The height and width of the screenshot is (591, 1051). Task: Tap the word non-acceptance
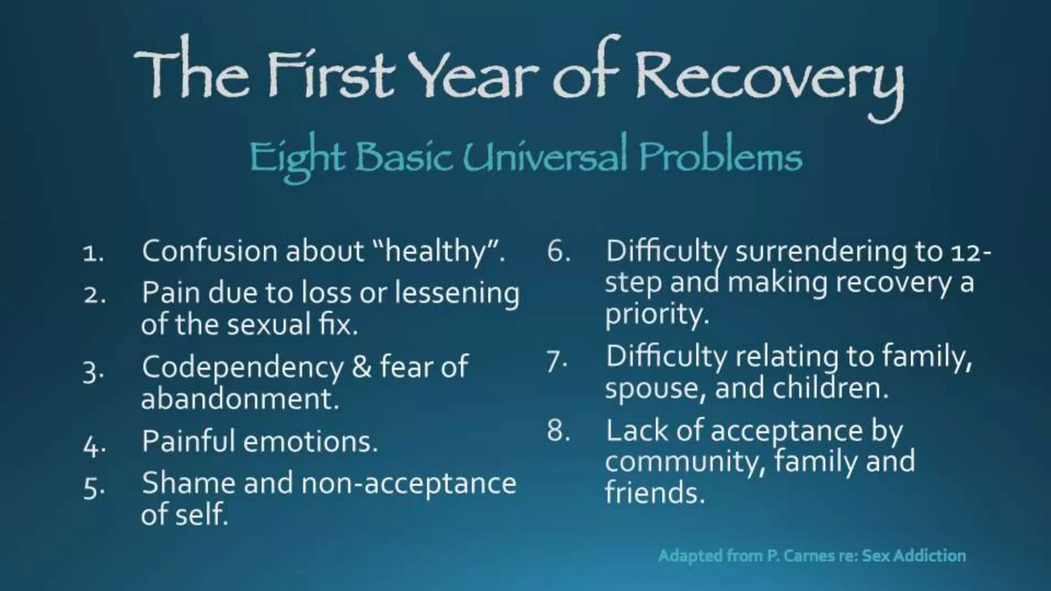point(408,484)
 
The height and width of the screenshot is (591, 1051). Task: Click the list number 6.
point(558,251)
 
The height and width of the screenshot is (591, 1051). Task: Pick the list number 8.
point(558,431)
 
